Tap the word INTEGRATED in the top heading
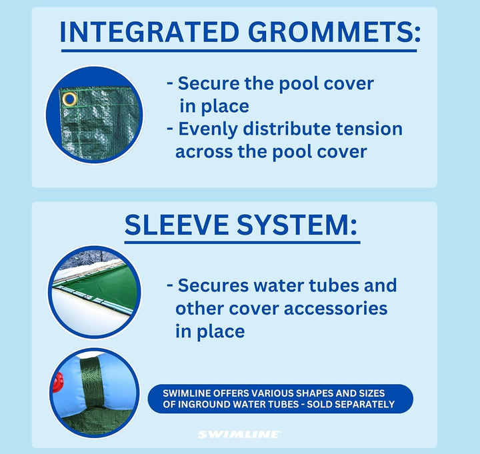point(149,32)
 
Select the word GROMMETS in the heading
point(335,32)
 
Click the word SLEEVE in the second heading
point(177,225)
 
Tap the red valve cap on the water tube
point(57,382)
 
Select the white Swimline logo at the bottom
point(239,435)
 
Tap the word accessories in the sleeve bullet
point(335,308)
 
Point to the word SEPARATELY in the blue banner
point(351,404)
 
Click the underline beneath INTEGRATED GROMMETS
point(239,51)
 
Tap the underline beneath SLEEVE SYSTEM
point(242,243)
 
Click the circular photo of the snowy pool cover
point(95,293)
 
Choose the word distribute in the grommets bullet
point(287,129)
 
